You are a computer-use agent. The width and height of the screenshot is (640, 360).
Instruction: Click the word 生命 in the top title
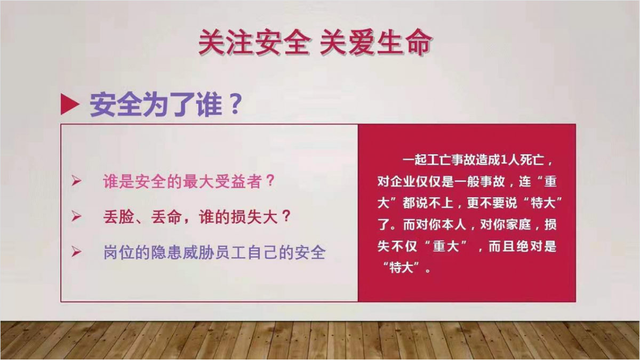pos(404,42)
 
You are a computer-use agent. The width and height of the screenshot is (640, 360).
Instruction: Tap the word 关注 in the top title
pos(226,42)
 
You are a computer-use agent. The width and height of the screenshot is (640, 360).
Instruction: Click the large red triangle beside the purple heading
pos(70,105)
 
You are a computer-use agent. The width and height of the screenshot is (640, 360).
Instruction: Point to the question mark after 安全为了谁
pos(236,104)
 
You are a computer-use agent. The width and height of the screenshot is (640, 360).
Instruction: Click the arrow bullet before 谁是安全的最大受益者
pos(76,181)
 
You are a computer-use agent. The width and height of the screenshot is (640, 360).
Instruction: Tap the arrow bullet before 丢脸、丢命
pos(76,217)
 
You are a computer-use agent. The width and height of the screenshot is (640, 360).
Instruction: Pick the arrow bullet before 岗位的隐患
pos(76,252)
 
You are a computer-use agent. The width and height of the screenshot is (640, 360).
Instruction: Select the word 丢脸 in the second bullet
pos(118,217)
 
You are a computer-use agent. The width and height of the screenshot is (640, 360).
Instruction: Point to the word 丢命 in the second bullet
pos(166,217)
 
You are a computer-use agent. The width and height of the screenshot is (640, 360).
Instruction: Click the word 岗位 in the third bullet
pos(118,253)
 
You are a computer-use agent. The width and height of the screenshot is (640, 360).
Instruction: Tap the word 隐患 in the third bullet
pos(166,253)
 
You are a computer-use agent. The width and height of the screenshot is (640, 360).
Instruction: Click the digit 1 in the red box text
pos(503,160)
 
